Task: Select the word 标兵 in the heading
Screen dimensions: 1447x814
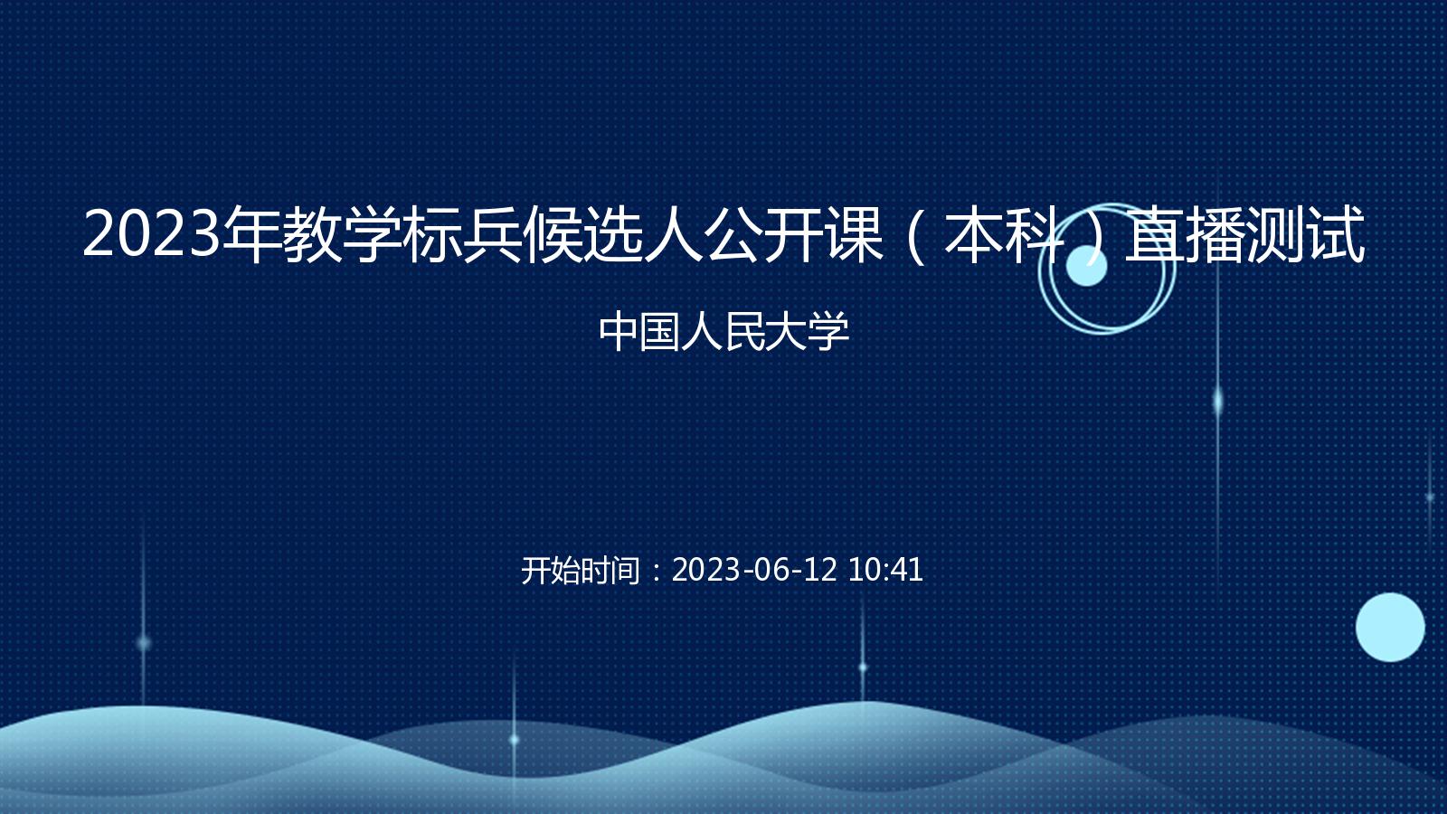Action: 462,234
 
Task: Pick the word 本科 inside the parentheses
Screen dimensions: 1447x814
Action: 1004,234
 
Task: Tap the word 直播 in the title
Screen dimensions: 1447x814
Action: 1185,234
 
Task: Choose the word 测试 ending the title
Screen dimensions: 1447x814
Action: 1305,234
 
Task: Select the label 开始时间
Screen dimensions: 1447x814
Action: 580,571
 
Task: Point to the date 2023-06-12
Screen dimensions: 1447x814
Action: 754,570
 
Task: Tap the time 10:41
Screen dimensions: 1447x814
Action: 885,570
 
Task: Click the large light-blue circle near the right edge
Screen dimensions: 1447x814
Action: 1390,628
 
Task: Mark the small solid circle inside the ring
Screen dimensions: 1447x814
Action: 1086,266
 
